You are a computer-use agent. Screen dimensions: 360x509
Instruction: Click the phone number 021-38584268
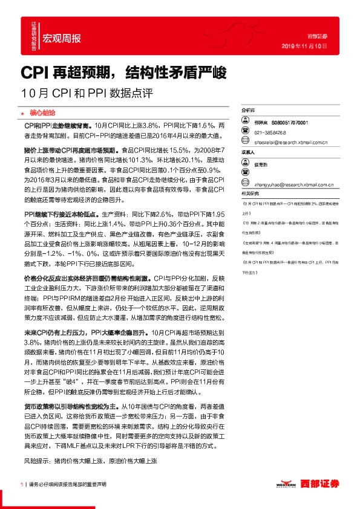(270, 132)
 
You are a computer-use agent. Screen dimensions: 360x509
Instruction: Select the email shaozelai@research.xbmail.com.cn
(291, 143)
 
